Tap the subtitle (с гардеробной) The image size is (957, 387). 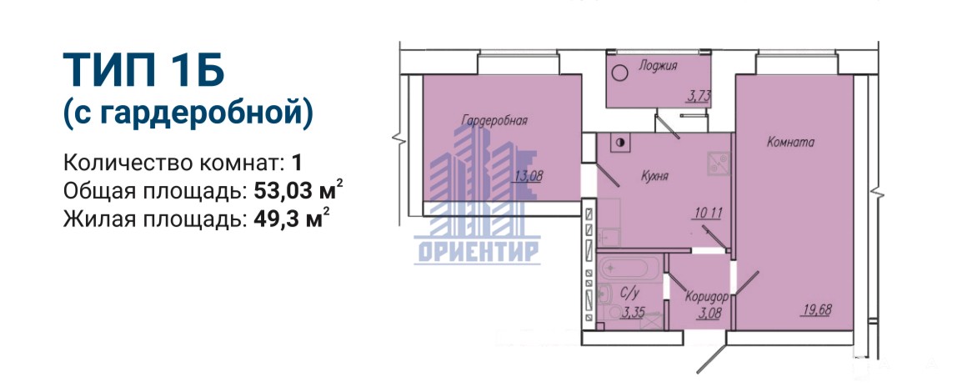point(188,114)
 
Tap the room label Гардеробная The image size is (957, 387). point(494,120)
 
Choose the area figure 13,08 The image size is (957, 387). point(529,177)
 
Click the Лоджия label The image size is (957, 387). point(658,66)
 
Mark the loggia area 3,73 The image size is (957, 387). point(699,96)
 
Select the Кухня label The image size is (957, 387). point(655,177)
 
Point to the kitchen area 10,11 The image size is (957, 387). point(708,213)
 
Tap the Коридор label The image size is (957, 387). point(707,298)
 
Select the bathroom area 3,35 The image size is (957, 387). point(634,314)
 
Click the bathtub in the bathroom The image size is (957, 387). point(629,269)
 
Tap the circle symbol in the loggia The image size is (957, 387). point(619,73)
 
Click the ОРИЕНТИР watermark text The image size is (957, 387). point(478,252)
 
